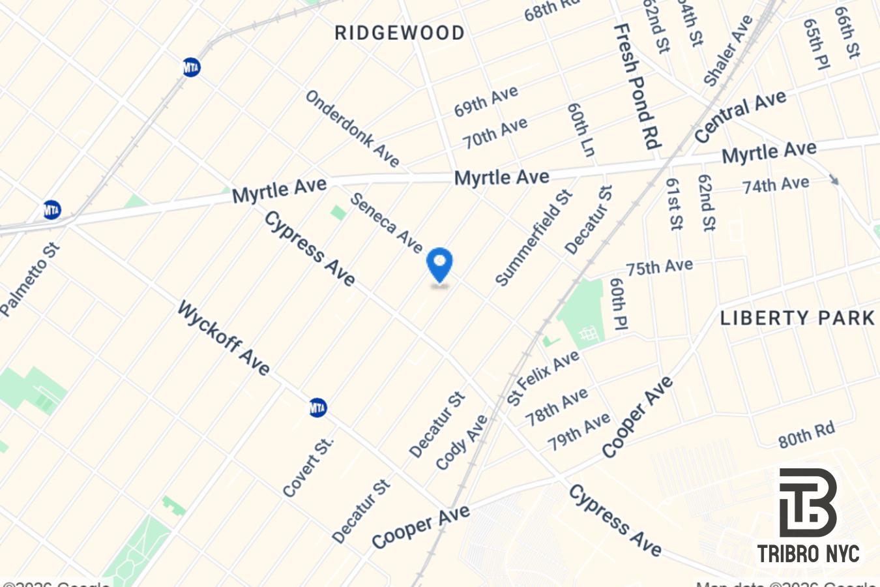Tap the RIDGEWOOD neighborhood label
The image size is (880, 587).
pyautogui.click(x=400, y=33)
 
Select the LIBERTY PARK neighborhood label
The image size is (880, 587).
pyautogui.click(x=797, y=318)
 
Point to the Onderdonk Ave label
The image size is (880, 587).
pyautogui.click(x=352, y=128)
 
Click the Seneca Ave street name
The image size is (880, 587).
pyautogui.click(x=387, y=222)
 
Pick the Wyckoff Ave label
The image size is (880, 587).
pyautogui.click(x=223, y=338)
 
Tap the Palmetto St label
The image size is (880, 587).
pyautogui.click(x=30, y=280)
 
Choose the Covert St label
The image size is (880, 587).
pyautogui.click(x=308, y=466)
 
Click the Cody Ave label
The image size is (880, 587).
pyautogui.click(x=462, y=442)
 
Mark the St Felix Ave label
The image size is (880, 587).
pyautogui.click(x=543, y=378)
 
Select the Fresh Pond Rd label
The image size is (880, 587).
pyautogui.click(x=638, y=86)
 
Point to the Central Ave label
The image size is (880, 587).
pyautogui.click(x=740, y=116)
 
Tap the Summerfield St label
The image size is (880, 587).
pyautogui.click(x=534, y=237)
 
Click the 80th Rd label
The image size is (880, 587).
pyautogui.click(x=806, y=435)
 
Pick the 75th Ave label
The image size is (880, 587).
pyautogui.click(x=659, y=267)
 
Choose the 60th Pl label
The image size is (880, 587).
pyautogui.click(x=618, y=304)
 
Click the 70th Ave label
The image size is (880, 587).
pyautogui.click(x=495, y=133)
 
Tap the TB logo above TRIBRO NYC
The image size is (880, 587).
pyautogui.click(x=808, y=502)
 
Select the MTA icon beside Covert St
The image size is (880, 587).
pyautogui.click(x=317, y=408)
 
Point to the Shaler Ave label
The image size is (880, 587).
pyautogui.click(x=728, y=51)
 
